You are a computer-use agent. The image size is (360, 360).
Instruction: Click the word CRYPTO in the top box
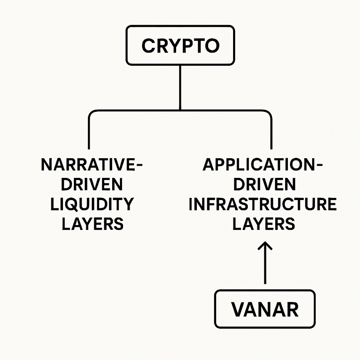pyautogui.click(x=180, y=46)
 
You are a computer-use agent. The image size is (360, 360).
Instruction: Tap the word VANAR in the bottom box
pyautogui.click(x=265, y=310)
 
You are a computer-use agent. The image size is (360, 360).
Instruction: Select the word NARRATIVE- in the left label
pyautogui.click(x=92, y=166)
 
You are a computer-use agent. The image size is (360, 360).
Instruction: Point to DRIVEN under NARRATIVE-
pyautogui.click(x=92, y=185)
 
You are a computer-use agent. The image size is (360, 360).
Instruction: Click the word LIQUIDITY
pyautogui.click(x=92, y=204)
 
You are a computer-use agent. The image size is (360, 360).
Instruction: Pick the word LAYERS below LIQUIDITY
pyautogui.click(x=92, y=223)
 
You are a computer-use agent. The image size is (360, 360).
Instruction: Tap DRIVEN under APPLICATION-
pyautogui.click(x=265, y=185)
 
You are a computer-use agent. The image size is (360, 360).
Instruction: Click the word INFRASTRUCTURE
pyautogui.click(x=262, y=204)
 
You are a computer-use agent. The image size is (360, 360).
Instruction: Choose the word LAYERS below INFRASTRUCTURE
pyautogui.click(x=265, y=223)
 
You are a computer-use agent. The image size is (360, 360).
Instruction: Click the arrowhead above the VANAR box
pyautogui.click(x=265, y=247)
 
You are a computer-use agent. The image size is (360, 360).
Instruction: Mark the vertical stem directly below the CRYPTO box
pyautogui.click(x=180, y=87)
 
